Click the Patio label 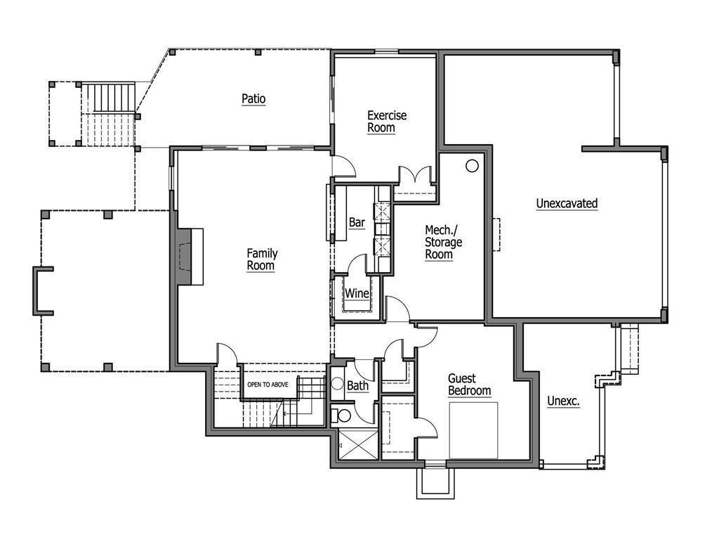point(253,99)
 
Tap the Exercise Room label point(387,122)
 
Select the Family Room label point(261,259)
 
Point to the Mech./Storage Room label point(443,243)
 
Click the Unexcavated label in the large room point(567,204)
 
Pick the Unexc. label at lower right point(563,401)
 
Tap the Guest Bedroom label point(469,385)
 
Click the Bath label point(357,386)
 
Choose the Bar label point(357,223)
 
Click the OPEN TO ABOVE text point(268,385)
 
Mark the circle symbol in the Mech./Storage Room point(472,165)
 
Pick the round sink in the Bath point(336,385)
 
